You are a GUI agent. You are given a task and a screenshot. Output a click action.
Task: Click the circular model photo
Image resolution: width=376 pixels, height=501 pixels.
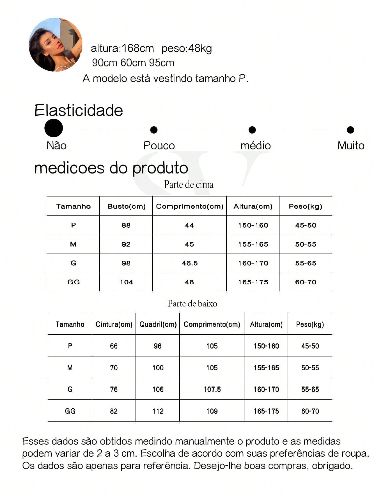(56, 45)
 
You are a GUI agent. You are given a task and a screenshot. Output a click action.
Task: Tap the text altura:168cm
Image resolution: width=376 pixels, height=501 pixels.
(122, 49)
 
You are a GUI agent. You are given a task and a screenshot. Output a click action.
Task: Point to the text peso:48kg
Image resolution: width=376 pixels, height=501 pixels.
(187, 49)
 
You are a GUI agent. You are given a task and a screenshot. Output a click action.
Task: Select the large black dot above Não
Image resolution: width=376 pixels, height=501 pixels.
(54, 128)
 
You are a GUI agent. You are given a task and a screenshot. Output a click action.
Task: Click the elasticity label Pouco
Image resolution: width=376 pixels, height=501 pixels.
(159, 146)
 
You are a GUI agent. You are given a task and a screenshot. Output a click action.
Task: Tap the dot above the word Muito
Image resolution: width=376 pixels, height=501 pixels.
(350, 130)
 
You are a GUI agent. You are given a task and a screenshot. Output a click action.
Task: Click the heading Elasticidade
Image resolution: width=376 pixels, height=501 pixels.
(79, 110)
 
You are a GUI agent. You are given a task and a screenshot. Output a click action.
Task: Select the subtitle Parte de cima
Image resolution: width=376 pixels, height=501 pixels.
(189, 184)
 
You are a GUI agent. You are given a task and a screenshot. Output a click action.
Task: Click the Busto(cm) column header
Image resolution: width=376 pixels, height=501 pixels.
(126, 206)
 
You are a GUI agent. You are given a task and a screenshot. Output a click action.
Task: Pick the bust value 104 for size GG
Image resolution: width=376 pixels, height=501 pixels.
(126, 282)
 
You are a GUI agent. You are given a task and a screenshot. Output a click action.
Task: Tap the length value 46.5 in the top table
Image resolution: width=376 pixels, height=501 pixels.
(190, 263)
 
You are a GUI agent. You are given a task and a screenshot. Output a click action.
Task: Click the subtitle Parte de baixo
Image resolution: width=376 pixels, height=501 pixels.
(192, 303)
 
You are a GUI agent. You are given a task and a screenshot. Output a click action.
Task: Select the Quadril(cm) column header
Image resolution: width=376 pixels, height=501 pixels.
(158, 324)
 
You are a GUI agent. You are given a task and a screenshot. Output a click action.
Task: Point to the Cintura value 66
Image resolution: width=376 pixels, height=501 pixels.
(114, 346)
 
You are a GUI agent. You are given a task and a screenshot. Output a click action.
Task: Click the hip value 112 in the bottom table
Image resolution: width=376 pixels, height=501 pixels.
(158, 411)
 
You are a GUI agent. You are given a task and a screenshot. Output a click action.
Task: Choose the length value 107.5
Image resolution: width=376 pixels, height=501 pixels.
(212, 390)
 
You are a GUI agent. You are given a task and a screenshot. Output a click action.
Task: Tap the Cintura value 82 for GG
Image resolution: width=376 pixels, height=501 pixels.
(114, 411)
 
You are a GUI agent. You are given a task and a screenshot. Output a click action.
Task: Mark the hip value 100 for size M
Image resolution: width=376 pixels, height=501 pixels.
(158, 368)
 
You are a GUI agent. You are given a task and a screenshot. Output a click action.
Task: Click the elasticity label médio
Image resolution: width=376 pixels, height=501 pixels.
(255, 146)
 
